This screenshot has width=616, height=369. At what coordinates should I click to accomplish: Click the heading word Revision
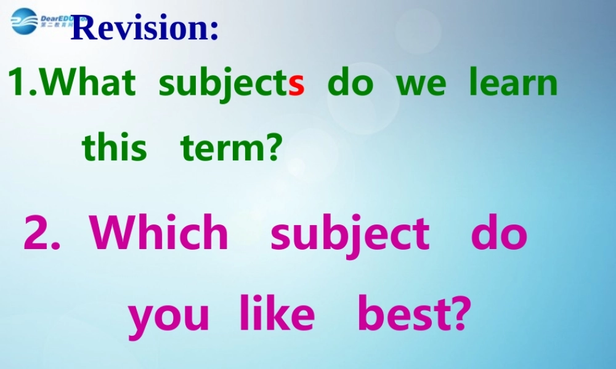point(144,28)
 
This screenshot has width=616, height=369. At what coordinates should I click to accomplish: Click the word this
point(115,148)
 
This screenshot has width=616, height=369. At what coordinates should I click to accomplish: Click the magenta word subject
point(350,234)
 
